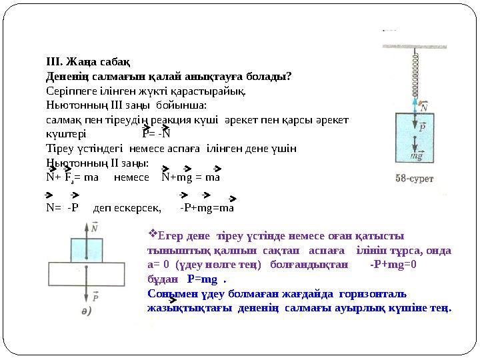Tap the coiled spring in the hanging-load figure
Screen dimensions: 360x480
point(415,74)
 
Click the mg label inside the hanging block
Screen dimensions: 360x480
point(417,155)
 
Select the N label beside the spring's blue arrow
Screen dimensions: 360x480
point(424,107)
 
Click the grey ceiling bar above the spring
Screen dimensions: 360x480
point(415,46)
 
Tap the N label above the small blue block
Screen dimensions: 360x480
point(94,229)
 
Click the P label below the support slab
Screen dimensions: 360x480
point(96,298)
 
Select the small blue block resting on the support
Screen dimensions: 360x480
point(87,250)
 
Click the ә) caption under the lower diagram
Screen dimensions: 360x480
point(87,313)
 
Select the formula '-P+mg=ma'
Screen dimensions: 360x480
point(207,207)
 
